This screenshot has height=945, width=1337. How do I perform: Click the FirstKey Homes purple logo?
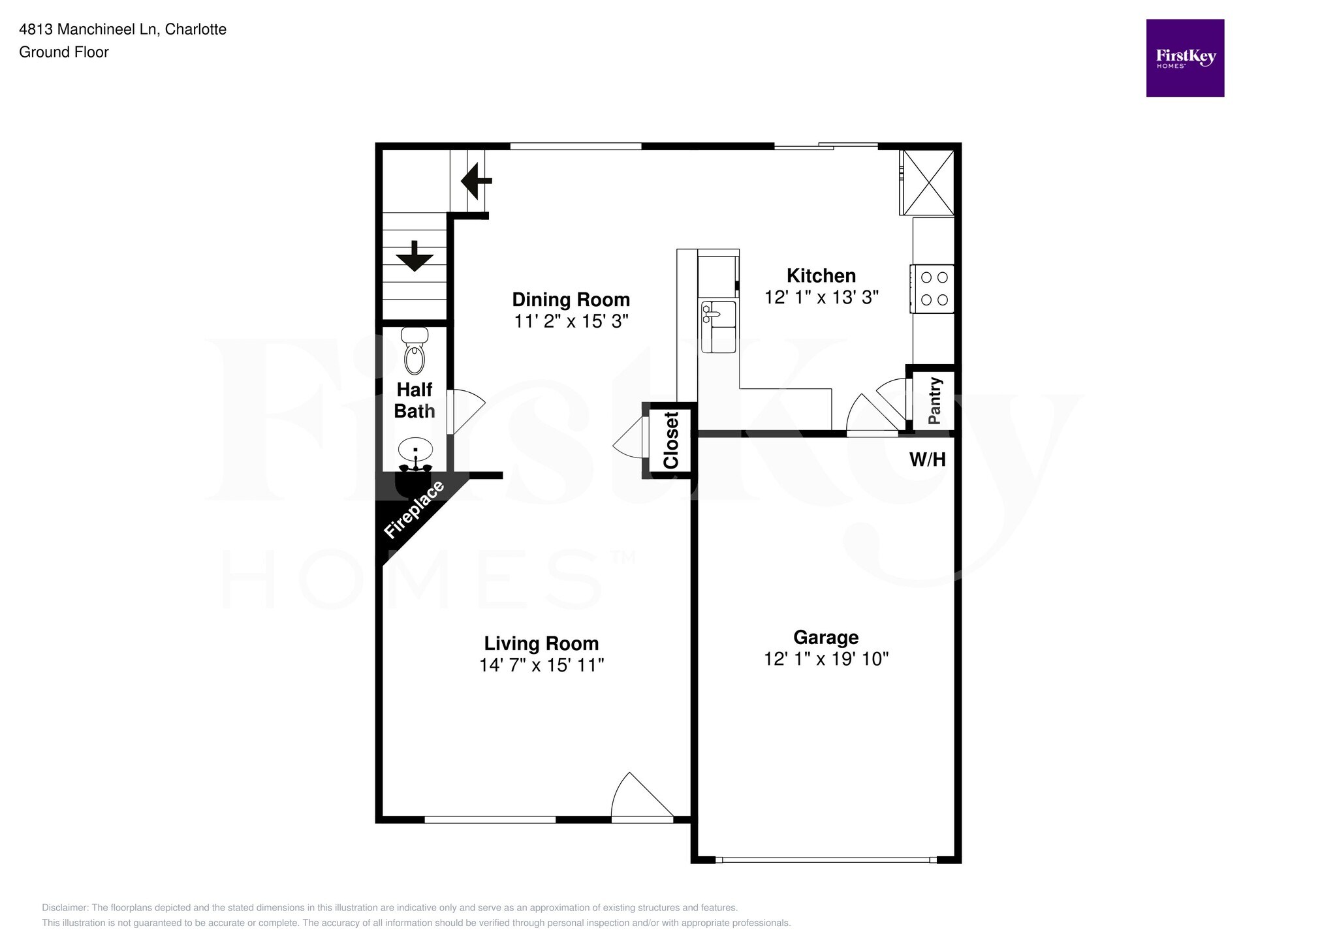coord(1185,58)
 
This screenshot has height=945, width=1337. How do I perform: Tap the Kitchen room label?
coord(821,275)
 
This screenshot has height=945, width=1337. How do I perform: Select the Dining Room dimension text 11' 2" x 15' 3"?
coord(571,321)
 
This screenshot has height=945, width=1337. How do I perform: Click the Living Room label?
coord(541,643)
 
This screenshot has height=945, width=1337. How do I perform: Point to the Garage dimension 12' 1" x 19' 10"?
coord(826,659)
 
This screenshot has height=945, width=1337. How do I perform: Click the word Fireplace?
coord(414,510)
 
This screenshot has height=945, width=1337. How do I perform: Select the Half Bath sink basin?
coord(415,450)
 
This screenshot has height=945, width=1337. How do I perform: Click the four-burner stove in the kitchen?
coord(934,288)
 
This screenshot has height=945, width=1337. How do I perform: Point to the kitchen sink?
coord(718,327)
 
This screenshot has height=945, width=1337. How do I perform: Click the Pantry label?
coord(934,401)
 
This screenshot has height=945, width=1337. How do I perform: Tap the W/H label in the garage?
coord(927,459)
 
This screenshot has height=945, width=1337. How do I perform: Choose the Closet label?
coord(671,440)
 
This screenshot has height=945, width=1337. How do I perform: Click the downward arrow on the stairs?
coord(415,256)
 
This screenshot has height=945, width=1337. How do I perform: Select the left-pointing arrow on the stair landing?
coord(476,181)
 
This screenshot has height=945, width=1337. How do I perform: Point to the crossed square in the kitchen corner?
coord(928,182)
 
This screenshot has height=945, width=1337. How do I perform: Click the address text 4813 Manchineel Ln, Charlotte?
coord(123,29)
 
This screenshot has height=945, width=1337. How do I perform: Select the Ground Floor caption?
coord(64,52)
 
